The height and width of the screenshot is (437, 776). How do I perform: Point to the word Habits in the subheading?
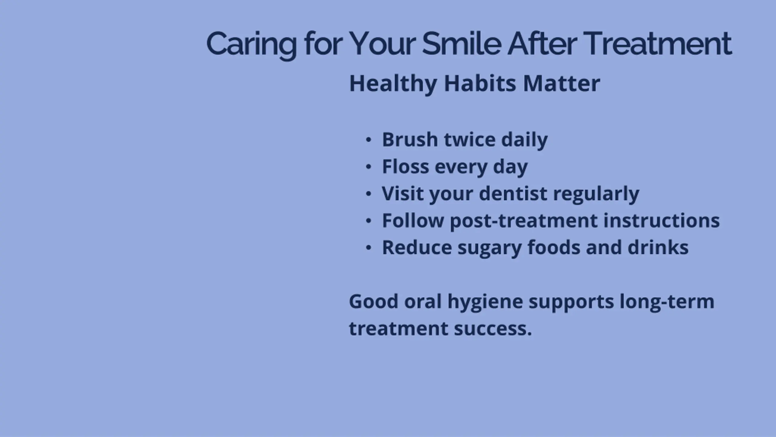(x=480, y=83)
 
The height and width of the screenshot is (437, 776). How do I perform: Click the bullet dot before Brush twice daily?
(x=368, y=140)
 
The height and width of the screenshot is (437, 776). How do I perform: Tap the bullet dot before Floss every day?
(x=368, y=167)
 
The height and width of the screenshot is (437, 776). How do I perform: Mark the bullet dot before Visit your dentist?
(x=368, y=194)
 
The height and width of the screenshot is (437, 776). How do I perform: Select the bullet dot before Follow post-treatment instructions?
(x=368, y=221)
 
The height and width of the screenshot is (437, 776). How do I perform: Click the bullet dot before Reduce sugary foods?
(x=368, y=248)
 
